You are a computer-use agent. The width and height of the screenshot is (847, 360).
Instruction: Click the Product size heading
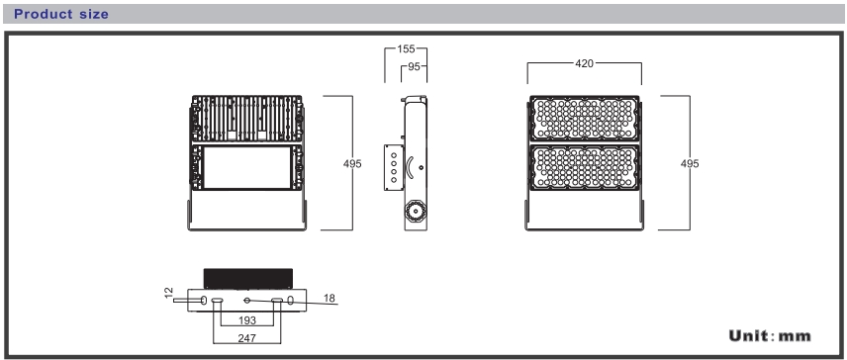pyautogui.click(x=61, y=14)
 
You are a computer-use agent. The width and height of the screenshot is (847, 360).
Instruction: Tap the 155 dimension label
pyautogui.click(x=406, y=49)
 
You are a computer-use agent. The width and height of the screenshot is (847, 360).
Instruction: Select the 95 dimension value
pyautogui.click(x=414, y=66)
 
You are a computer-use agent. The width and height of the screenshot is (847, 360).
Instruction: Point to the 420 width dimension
pyautogui.click(x=584, y=63)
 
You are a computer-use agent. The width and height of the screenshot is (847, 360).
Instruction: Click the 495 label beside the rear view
pyautogui.click(x=352, y=163)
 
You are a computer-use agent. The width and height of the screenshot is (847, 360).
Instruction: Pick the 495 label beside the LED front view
pyautogui.click(x=690, y=163)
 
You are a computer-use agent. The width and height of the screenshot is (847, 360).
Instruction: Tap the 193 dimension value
pyautogui.click(x=246, y=320)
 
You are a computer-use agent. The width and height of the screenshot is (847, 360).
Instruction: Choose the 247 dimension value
pyautogui.click(x=246, y=338)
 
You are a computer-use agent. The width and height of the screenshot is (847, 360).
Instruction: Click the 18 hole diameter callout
pyautogui.click(x=329, y=298)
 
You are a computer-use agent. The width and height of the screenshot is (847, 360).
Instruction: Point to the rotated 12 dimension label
pyautogui.click(x=169, y=293)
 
